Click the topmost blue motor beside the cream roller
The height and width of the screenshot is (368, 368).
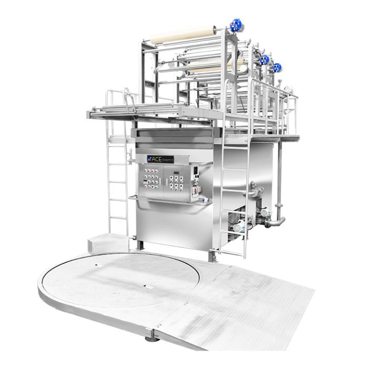(x=236, y=24)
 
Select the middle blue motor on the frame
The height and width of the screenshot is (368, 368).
(x=264, y=59)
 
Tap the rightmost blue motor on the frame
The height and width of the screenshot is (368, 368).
(x=277, y=67)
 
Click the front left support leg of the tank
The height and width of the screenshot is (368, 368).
(x=139, y=244)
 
